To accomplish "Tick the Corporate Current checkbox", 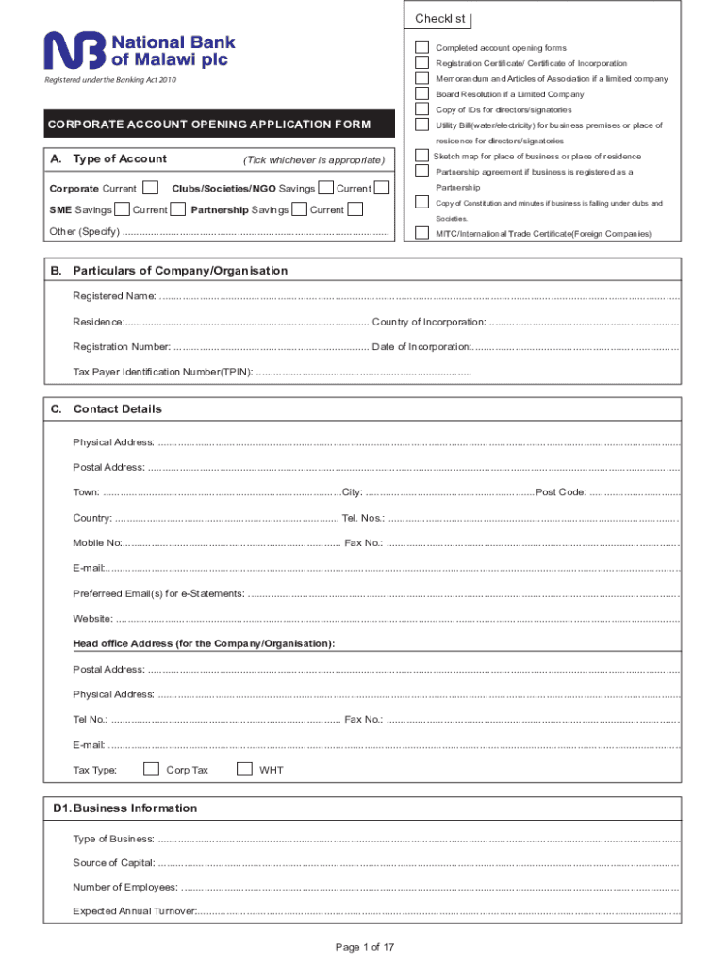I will click(150, 189).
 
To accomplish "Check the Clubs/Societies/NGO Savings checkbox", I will click(326, 189).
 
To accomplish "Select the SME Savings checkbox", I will click(122, 209).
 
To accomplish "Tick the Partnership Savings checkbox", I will click(300, 209).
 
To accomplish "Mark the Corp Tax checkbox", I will click(151, 769).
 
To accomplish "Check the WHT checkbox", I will click(245, 769).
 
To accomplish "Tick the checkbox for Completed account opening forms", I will click(421, 47).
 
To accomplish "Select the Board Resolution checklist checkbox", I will click(421, 94).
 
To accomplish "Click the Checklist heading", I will click(440, 20).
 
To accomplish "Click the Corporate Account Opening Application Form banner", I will click(209, 125).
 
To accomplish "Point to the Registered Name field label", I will click(115, 297).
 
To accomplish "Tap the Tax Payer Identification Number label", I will click(163, 372).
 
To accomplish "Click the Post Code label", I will click(561, 492).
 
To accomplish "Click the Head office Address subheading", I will click(204, 643).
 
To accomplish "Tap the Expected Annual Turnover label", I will click(135, 911).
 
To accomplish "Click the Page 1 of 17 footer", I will click(364, 947).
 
